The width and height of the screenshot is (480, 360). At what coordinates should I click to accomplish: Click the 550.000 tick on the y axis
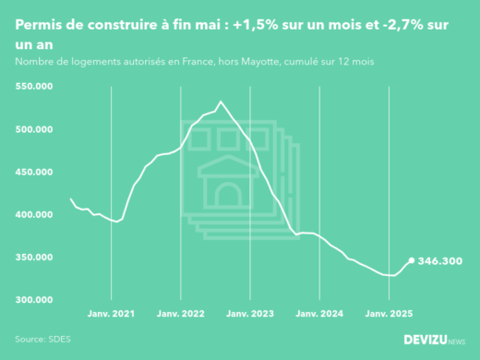click(35, 87)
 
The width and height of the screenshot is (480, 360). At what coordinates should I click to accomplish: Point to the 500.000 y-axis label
click(35, 129)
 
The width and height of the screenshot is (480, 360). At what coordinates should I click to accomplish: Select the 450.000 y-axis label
click(35, 172)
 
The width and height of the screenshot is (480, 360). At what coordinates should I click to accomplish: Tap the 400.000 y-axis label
click(35, 214)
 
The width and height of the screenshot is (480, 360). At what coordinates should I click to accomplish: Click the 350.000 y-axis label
click(35, 258)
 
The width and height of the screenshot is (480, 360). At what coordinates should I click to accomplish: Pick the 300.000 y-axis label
click(35, 300)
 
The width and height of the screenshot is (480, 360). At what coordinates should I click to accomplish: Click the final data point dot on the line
click(412, 261)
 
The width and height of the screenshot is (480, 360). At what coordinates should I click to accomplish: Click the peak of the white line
click(221, 102)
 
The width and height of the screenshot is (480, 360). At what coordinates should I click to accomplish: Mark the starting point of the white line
click(71, 199)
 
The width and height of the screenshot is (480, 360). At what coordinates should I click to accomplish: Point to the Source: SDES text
click(42, 339)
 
